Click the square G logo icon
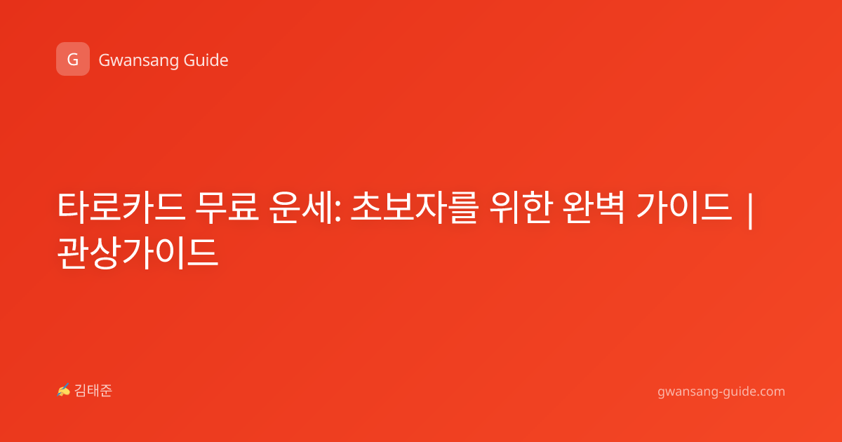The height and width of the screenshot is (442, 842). click(x=73, y=59)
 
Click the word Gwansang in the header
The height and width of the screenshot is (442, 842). click(x=138, y=60)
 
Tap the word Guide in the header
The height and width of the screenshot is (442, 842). click(x=206, y=60)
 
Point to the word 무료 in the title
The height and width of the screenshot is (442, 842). click(x=227, y=208)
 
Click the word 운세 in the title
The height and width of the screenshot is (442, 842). click(x=301, y=208)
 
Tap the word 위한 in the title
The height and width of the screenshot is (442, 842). click(x=521, y=208)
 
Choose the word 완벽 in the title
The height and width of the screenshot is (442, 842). click(x=594, y=208)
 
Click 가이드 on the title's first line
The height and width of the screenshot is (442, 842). click(x=684, y=208)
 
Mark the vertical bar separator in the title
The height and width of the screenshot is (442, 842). click(x=750, y=210)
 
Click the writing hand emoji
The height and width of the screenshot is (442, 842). click(x=64, y=390)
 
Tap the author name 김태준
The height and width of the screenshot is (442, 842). click(x=93, y=391)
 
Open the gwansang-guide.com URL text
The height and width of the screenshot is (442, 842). click(x=721, y=392)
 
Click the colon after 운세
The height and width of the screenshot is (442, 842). click(x=338, y=212)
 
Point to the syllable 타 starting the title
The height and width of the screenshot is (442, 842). click(x=72, y=208)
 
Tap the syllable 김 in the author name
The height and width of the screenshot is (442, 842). click(x=81, y=391)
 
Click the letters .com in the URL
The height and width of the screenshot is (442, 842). click(x=770, y=391)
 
